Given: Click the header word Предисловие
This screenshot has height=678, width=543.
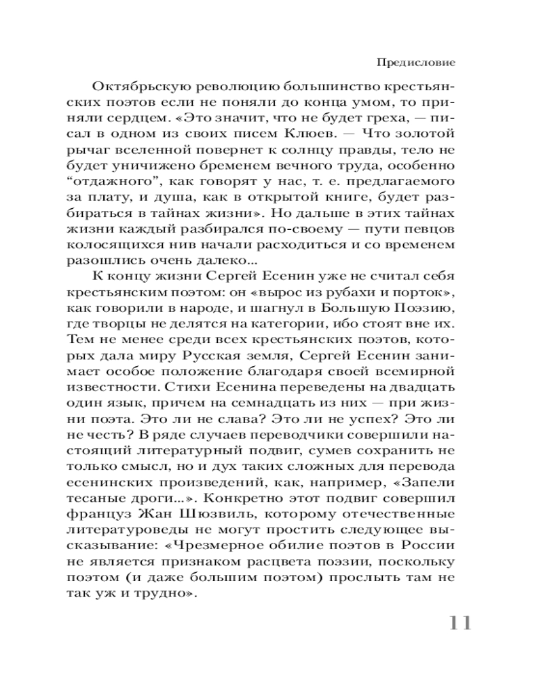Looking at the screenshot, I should coord(415,62).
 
